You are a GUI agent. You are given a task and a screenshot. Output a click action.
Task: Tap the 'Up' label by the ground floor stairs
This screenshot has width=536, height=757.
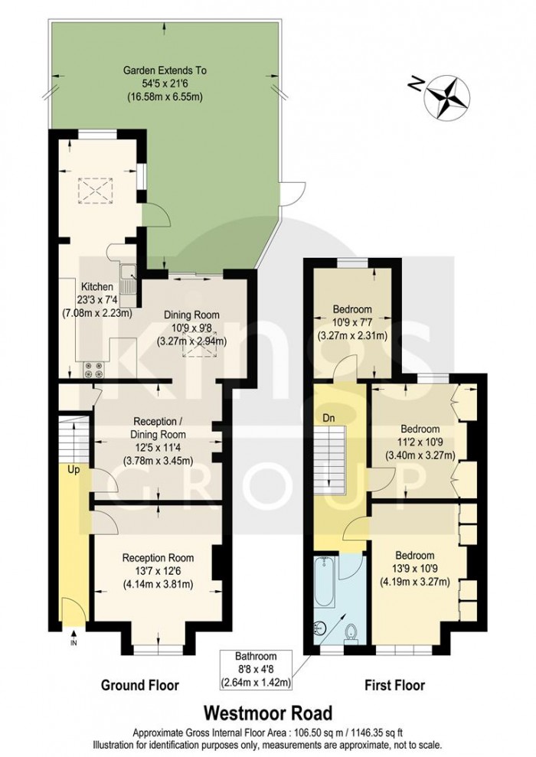coord(75,468)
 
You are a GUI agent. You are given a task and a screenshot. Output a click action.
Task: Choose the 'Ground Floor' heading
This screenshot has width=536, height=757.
coord(140,685)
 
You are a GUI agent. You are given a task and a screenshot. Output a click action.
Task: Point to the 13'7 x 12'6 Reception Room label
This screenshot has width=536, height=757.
coord(159,571)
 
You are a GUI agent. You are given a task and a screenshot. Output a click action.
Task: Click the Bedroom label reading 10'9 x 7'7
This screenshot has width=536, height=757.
coord(352,321)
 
